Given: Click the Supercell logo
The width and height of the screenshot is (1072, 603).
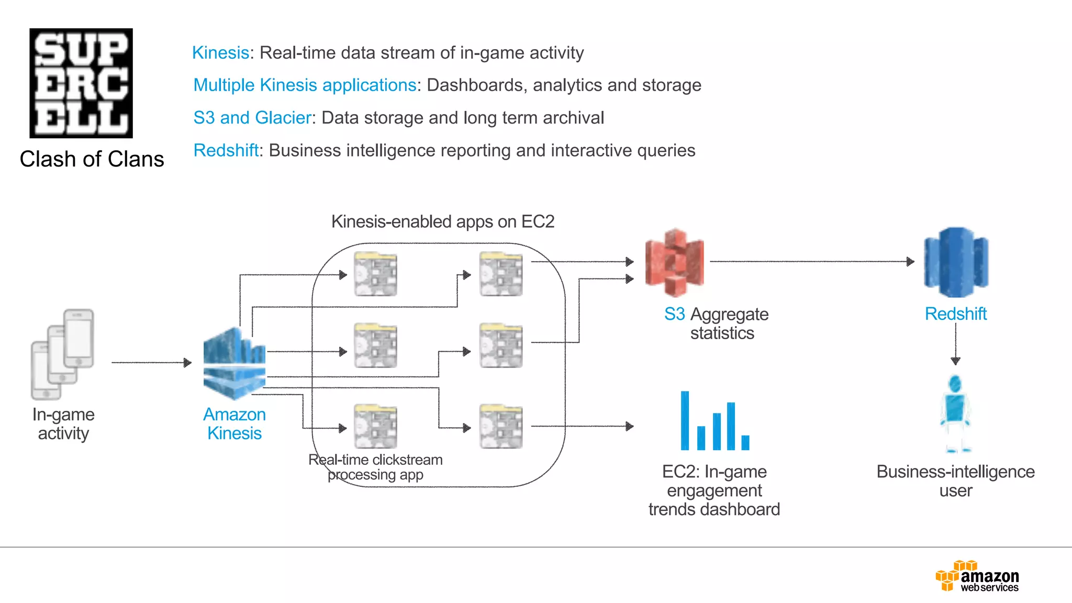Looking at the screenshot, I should coord(81,83).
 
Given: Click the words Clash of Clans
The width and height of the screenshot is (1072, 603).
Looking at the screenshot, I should coord(92,159).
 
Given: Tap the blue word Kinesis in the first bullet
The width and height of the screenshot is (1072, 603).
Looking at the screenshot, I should coord(220,53).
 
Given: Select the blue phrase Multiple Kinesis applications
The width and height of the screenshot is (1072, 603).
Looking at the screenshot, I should coord(305,85).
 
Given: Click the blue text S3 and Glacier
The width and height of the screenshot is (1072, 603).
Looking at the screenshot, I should coord(252,118).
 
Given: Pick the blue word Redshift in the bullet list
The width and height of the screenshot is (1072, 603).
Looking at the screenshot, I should coord(226,151).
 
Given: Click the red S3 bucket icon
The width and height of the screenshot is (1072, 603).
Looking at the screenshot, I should coord(675,263).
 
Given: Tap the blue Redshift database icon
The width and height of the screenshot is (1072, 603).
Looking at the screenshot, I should coord(956,262).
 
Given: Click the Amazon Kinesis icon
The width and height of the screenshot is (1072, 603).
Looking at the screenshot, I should coord(234,363).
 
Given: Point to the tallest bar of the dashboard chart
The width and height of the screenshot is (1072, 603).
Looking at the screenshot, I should coord(685,420).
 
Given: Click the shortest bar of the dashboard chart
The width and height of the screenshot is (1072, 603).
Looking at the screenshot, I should coord(745,442).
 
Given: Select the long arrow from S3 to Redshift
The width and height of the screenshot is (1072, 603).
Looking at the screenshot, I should coord(811,261).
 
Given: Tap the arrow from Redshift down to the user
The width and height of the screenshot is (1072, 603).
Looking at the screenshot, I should coord(955,343).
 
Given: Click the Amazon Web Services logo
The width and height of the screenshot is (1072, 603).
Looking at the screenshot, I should coord(977,576).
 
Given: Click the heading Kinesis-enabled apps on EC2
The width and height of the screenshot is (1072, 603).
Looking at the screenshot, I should coord(442,222).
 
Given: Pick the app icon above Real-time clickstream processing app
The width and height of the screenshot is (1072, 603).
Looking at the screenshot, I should coord(375,426).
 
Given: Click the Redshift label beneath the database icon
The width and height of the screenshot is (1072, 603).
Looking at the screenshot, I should coord(955,314).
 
